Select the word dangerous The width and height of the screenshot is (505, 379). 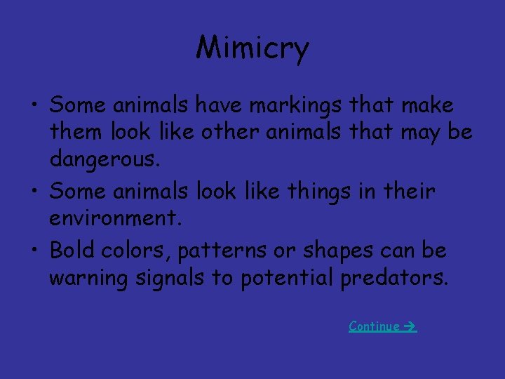click(105, 161)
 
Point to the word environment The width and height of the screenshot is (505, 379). click(115, 218)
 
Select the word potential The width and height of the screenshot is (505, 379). click(287, 279)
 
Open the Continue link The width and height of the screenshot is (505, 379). click(375, 326)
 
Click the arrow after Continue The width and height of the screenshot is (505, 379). click(410, 326)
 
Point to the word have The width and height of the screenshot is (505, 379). click(220, 106)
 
